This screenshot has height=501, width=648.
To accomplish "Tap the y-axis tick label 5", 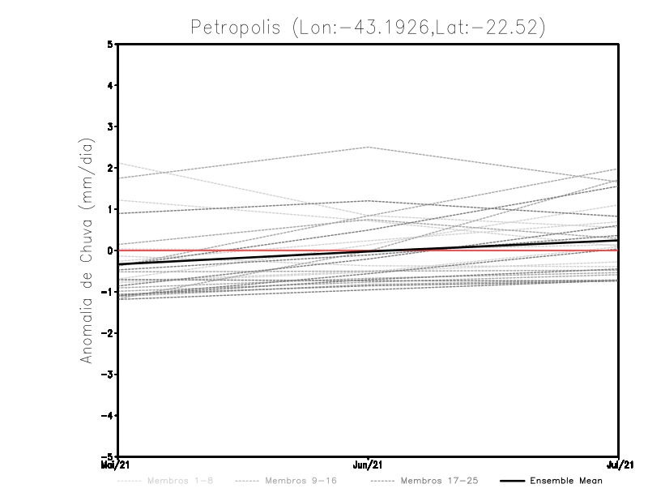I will [110, 44].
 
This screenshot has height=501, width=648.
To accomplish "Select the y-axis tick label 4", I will [110, 85].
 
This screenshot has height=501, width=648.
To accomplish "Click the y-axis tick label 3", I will [110, 126].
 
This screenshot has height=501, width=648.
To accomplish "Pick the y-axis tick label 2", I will [110, 168].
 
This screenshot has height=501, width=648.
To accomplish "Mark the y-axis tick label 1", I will [110, 209].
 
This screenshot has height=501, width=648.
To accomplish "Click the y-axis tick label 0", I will [110, 250].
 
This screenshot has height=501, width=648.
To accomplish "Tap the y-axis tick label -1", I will [108, 292].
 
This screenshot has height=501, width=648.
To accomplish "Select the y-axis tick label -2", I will [108, 333].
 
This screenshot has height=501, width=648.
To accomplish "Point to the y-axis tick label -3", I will [108, 375].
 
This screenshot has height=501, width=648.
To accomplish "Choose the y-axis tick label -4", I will [108, 416].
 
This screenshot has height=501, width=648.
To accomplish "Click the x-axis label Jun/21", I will [369, 465].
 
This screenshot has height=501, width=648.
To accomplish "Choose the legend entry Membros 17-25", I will [440, 481].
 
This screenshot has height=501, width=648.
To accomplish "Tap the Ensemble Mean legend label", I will [566, 481].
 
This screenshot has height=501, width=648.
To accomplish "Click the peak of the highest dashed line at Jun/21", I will [369, 147].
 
